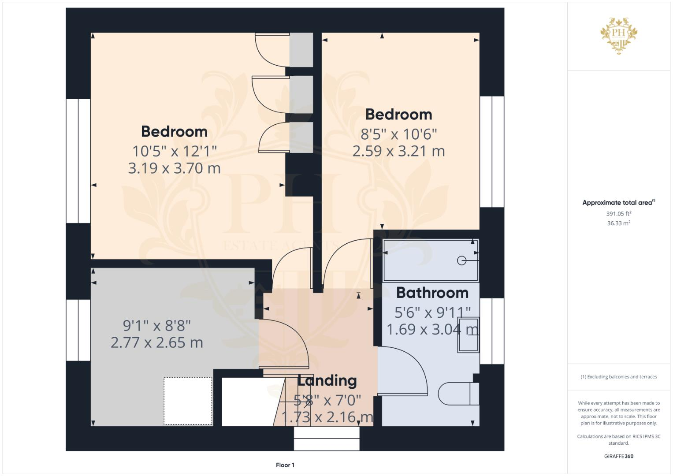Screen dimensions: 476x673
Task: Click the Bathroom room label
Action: tap(432, 293)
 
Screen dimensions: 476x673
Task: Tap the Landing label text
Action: tap(327, 380)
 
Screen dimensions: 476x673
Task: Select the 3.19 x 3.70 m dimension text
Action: tap(174, 168)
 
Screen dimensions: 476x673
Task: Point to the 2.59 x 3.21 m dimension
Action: tap(398, 151)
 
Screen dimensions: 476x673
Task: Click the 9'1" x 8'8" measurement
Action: tap(156, 326)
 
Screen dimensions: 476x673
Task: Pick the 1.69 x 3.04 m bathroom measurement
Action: tap(432, 329)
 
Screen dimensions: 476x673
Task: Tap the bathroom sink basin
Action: tap(468, 335)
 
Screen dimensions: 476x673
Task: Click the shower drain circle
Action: tap(461, 260)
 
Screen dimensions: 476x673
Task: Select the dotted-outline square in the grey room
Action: tap(188, 401)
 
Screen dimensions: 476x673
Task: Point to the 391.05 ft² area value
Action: tap(618, 214)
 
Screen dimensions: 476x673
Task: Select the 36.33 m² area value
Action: tap(618, 223)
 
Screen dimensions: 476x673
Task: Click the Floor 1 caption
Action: tap(285, 465)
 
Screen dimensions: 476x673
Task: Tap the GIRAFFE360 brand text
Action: tap(618, 456)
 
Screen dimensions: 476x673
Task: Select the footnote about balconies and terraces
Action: tap(618, 377)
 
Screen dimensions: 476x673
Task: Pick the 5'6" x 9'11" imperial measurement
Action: tap(432, 313)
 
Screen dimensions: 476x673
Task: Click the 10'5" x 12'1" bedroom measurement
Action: tap(175, 152)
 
